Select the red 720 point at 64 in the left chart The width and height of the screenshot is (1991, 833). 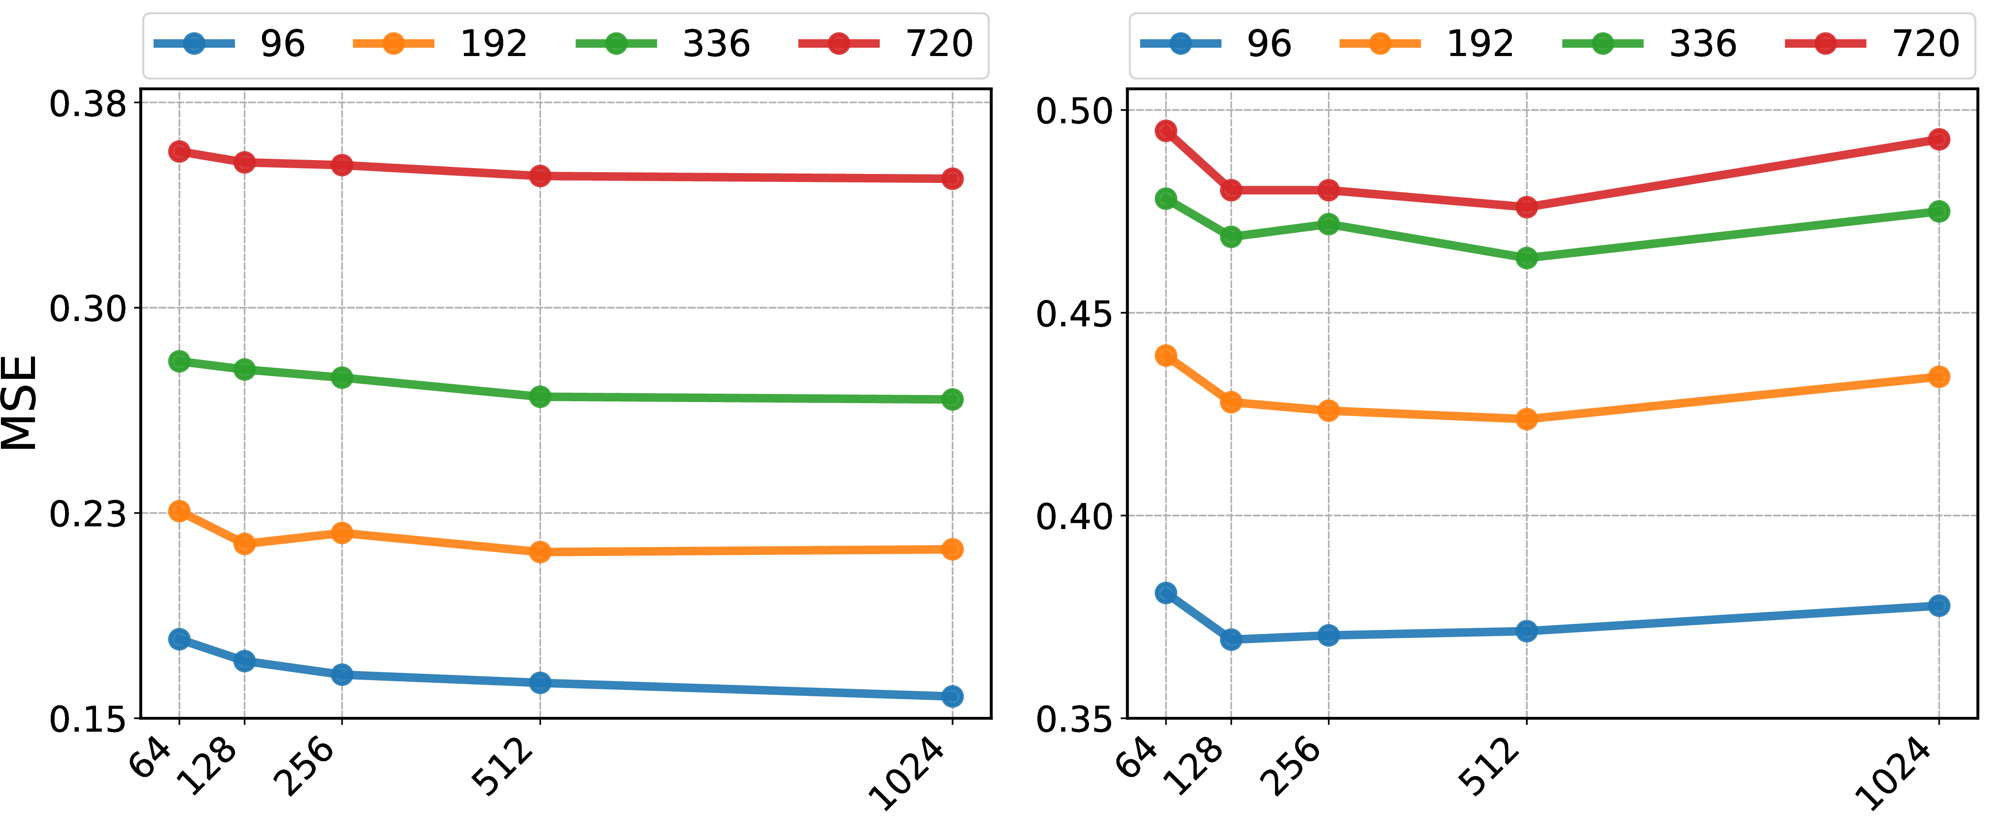[179, 152]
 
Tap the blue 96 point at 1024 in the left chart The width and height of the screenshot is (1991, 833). [952, 696]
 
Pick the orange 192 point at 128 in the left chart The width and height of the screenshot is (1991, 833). [244, 544]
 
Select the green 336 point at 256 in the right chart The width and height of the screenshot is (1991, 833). [1329, 224]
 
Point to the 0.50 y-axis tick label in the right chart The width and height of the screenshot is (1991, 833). [1074, 110]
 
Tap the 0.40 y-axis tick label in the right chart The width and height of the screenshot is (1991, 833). [1074, 516]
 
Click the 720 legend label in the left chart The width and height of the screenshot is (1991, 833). [940, 43]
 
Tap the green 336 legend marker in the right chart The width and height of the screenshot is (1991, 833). [1603, 43]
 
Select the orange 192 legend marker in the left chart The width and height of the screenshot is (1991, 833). [393, 43]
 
